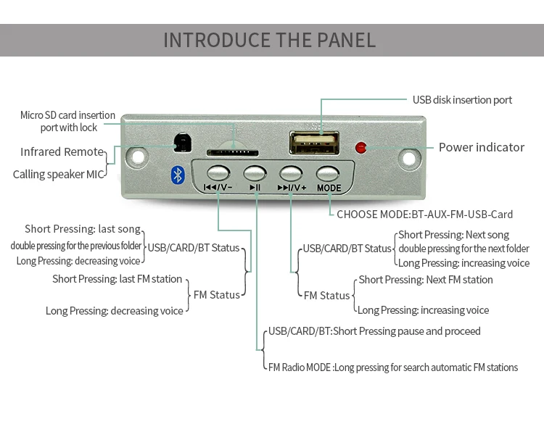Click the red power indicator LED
point(360,148)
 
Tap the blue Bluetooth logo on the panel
point(176,174)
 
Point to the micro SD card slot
point(234,152)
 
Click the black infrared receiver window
point(181,143)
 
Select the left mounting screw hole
point(137,156)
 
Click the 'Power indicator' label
point(481,147)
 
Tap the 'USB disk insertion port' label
point(462,100)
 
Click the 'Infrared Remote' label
point(62,151)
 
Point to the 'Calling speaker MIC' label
point(59,174)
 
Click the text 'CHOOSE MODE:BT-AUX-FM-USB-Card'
point(424,215)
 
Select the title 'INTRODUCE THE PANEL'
point(270,39)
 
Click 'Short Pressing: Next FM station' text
point(425,280)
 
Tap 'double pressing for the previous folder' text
point(76,246)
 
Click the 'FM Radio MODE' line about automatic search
point(392,367)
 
